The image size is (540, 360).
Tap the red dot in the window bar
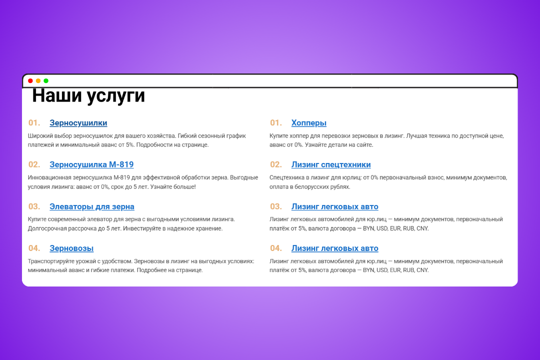(30, 81)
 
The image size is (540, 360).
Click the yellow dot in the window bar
(38, 81)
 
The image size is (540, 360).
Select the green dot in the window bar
(46, 81)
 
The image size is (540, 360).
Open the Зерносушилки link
(78, 123)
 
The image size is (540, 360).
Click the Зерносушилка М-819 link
(91, 164)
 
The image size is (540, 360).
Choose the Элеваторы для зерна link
(91, 206)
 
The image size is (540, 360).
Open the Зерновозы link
(71, 248)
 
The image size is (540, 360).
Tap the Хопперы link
(308, 123)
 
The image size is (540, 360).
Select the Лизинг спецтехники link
(331, 164)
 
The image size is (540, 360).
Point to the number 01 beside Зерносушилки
(34, 123)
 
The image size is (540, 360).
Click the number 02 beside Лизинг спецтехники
(276, 164)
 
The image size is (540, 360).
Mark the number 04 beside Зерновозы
(34, 248)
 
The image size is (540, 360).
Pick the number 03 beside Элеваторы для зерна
(34, 206)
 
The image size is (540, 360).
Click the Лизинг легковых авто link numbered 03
(334, 206)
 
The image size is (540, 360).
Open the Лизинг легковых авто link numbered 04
(334, 248)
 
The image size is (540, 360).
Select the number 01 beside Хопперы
(276, 123)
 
